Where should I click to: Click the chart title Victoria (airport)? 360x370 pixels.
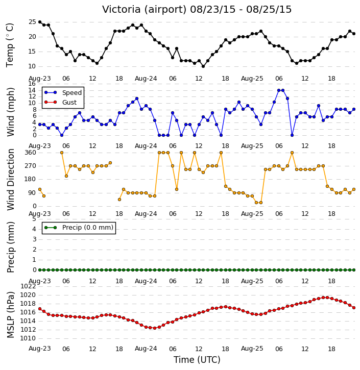[145, 10]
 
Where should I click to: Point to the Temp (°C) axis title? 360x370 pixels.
[10, 45]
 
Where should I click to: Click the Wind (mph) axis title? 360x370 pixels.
[10, 112]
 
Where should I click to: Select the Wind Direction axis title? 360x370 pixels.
[10, 179]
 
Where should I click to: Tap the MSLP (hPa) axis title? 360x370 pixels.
[10, 314]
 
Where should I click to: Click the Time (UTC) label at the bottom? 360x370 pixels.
[197, 360]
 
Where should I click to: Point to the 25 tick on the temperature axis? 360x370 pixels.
[32, 22]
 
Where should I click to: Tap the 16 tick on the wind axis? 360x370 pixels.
[32, 84]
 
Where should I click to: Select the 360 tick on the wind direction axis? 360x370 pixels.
[31, 153]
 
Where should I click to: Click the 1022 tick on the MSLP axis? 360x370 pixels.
[28, 286]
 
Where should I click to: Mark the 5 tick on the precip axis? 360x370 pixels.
[34, 219]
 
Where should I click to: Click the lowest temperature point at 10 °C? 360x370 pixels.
[203, 66]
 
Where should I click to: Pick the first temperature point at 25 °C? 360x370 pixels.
[40, 22]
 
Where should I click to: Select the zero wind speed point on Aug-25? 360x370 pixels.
[292, 135]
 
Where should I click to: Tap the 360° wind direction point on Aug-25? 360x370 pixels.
[292, 153]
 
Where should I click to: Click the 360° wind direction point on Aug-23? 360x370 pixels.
[62, 153]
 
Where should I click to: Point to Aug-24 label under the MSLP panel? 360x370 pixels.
[146, 349]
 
